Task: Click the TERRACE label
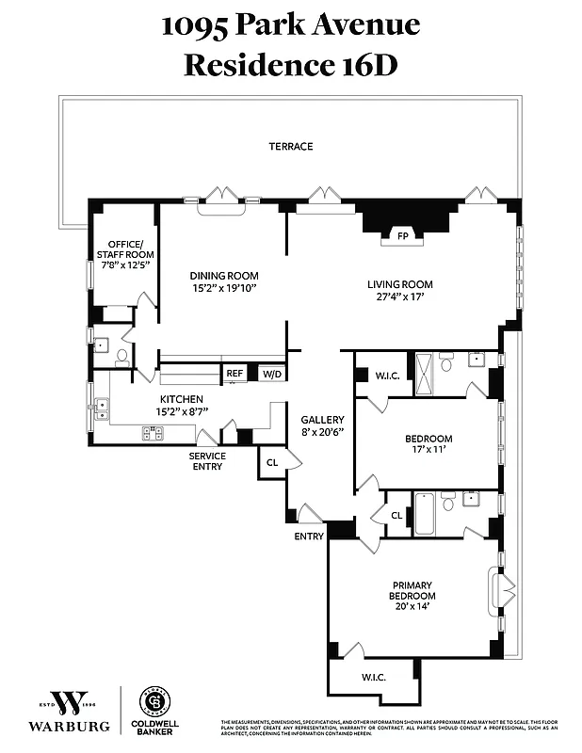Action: (290, 146)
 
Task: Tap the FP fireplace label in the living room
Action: (402, 235)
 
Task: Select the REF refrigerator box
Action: (234, 374)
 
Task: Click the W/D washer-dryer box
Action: (270, 374)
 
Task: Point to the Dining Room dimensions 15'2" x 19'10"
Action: (223, 286)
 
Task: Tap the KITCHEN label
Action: (182, 399)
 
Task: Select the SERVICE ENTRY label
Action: (208, 461)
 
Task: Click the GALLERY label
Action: (322, 420)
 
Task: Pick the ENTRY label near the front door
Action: (308, 537)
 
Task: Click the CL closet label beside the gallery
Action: (271, 462)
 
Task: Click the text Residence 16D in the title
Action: (290, 65)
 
